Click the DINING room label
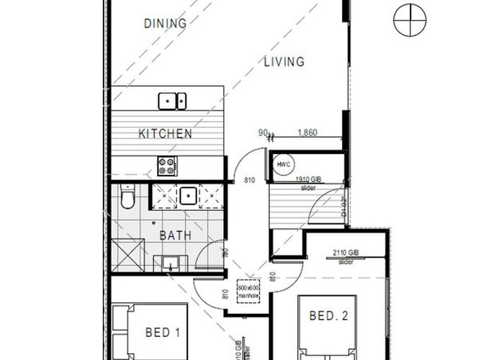[165, 24]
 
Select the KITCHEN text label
[165, 133]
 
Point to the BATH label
[174, 235]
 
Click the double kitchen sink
[172, 101]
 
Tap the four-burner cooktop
[167, 166]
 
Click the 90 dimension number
[263, 132]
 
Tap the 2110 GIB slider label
[346, 256]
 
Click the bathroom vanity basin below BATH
[171, 262]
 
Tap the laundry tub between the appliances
[189, 194]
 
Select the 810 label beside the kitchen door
[250, 181]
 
